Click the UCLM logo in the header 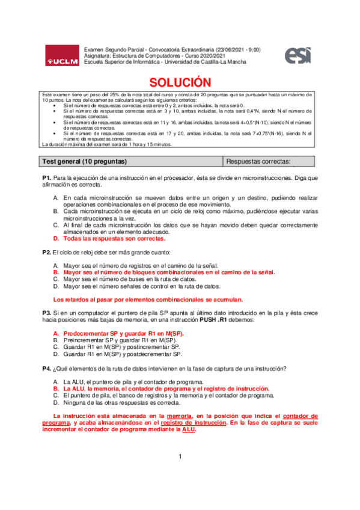click(63, 57)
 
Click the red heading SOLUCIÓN click(180, 82)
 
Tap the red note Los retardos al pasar click(148, 298)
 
